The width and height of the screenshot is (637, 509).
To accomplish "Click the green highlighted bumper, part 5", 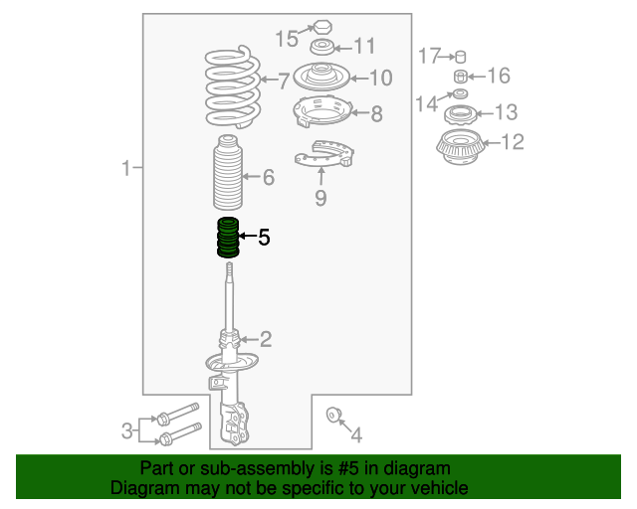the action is (x=228, y=238).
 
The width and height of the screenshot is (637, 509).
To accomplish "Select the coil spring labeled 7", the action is (x=232, y=87).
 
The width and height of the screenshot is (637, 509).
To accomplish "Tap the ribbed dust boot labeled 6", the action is (x=228, y=173).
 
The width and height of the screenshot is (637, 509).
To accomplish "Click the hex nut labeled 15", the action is (x=322, y=27).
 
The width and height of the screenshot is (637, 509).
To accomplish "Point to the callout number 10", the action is (x=380, y=78).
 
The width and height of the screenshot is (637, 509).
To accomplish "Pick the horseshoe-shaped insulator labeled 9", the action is (x=323, y=154).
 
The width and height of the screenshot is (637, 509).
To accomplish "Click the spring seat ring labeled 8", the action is (x=321, y=110).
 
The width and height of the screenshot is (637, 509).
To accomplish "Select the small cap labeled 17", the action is (x=460, y=57).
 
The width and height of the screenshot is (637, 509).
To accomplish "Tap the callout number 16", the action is (x=498, y=76).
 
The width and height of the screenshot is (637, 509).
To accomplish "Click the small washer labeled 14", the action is (x=460, y=93).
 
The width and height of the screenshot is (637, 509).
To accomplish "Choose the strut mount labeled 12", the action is (x=460, y=146).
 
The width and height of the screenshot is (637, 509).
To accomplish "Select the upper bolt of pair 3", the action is (x=178, y=413).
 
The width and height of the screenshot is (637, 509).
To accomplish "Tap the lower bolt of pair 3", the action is (x=181, y=433).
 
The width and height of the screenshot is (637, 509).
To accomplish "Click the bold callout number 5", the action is (x=264, y=237).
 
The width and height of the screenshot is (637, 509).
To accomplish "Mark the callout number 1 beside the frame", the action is (x=126, y=167).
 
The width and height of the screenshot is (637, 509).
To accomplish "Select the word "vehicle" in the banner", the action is (x=443, y=487).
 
